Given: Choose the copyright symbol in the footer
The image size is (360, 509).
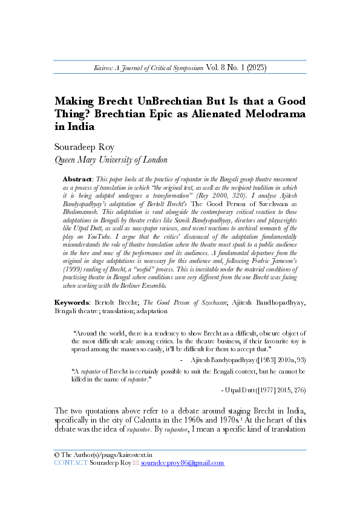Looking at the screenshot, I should pos(56,454).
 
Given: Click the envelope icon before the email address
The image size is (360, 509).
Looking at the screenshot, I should pos(136,463).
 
